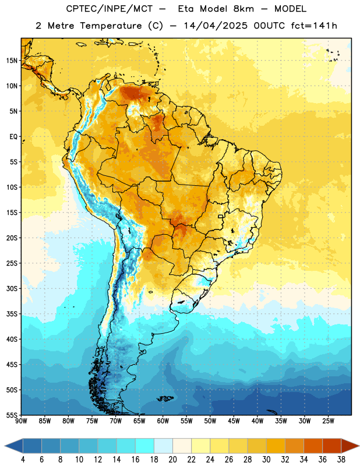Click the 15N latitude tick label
[12, 61]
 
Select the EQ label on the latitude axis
[13, 137]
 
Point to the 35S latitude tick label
[12, 314]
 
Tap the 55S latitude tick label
[12, 415]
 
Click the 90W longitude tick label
[21, 421]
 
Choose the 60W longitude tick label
[163, 421]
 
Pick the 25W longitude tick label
[328, 421]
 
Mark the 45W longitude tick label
[234, 421]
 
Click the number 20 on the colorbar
[172, 460]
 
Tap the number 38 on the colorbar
[341, 460]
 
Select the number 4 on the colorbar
[23, 460]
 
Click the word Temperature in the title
[111, 26]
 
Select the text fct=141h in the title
[314, 26]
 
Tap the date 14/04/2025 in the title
[216, 26]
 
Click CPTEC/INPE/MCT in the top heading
[109, 9]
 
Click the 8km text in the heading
[243, 9]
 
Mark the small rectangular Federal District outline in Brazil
[221, 216]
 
